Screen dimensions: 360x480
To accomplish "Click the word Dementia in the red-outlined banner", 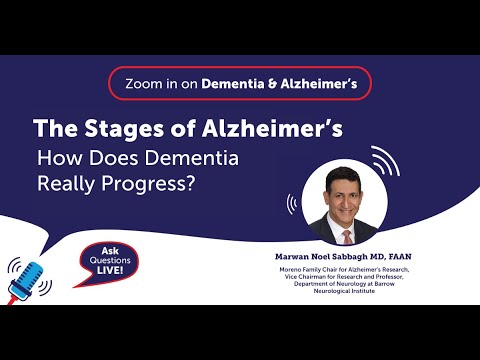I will coord(232,85).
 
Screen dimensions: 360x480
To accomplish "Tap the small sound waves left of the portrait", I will coord(292,204).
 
